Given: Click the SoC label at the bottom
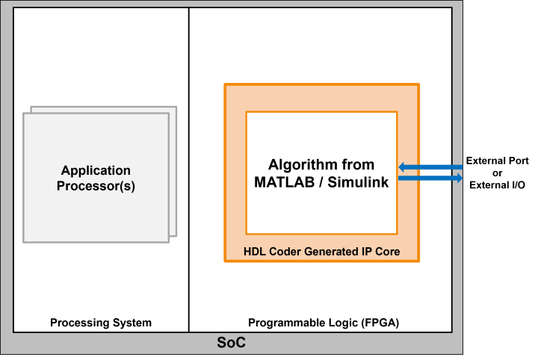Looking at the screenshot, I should point(231,344).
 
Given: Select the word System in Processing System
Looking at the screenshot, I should point(133,323).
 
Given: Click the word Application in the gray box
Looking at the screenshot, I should point(96,171).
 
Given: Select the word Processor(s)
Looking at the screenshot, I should point(96,186).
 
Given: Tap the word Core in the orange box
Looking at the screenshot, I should point(386,252).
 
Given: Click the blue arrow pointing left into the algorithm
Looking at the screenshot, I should point(430,167).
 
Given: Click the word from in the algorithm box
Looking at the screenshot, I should point(358,165).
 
